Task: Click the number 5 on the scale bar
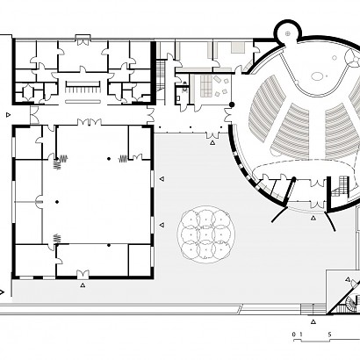[329, 335]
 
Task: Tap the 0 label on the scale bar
[294, 335]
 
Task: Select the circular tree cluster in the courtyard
[206, 234]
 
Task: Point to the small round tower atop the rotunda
[288, 31]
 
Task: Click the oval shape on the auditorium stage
[317, 76]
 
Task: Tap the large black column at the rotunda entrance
[232, 104]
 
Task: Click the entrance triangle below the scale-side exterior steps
[313, 321]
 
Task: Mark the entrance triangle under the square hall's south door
[83, 284]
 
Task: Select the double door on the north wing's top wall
[83, 41]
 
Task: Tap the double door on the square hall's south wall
[83, 274]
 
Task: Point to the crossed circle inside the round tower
[288, 33]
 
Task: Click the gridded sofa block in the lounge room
[206, 85]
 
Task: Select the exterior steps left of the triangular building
[313, 309]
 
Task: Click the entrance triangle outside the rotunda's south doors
[313, 218]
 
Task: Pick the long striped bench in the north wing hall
[83, 84]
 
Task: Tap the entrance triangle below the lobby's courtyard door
[212, 142]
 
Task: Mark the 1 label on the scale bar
[301, 335]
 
